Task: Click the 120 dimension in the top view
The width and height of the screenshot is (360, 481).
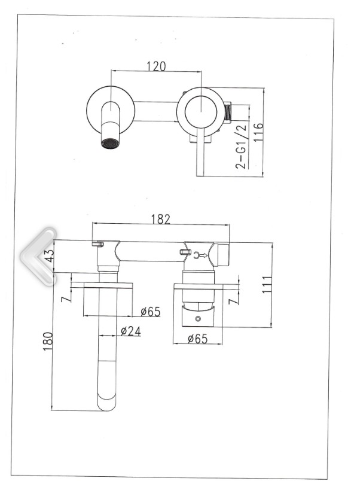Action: (156, 66)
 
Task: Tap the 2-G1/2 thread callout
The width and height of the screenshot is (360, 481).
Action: (242, 147)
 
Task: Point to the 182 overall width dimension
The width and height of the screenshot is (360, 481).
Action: (160, 219)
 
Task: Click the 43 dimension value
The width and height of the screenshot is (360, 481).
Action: (50, 255)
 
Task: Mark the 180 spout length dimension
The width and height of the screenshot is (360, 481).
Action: (48, 342)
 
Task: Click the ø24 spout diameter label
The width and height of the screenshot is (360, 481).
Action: (130, 330)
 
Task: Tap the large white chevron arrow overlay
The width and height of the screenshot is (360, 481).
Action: (38, 255)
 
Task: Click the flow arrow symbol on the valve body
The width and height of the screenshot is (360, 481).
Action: (202, 255)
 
